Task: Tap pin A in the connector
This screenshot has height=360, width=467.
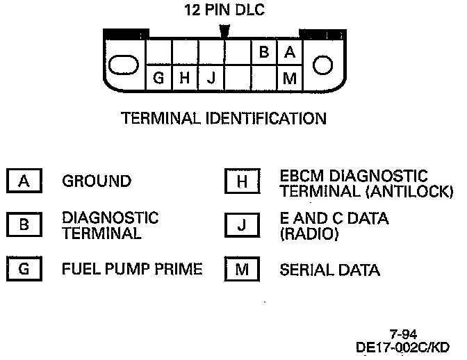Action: tap(290, 51)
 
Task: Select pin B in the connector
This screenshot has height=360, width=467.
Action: tap(265, 51)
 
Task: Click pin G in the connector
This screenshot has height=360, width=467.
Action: tap(158, 78)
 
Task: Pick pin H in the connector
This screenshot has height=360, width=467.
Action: tap(184, 78)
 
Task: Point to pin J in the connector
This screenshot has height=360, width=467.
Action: tap(210, 78)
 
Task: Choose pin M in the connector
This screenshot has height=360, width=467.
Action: tap(290, 78)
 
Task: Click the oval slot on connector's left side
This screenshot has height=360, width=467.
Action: tap(124, 65)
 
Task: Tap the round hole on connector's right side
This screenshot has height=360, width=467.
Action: tap(323, 65)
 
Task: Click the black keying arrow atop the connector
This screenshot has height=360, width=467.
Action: tap(224, 32)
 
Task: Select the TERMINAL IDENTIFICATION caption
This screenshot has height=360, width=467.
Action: tap(224, 119)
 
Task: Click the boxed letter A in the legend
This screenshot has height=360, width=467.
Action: tap(24, 181)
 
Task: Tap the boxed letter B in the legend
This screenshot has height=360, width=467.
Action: tap(24, 225)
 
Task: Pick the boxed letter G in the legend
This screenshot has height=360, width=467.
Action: tap(24, 269)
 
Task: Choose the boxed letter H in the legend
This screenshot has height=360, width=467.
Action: tap(241, 182)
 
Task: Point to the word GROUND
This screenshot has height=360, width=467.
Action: tap(97, 181)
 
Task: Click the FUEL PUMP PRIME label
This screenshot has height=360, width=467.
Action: tap(132, 269)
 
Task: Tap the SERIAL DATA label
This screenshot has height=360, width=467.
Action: tap(329, 270)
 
